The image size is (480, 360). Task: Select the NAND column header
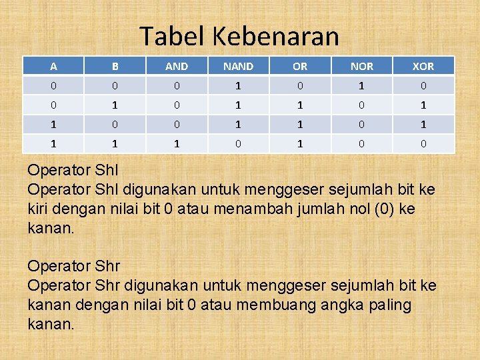click(x=238, y=66)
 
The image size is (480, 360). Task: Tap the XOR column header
click(x=423, y=66)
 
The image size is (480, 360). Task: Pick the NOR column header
click(x=361, y=66)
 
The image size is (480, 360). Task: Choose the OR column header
click(x=300, y=66)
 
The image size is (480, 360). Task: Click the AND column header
click(x=177, y=66)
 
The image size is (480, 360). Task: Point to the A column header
click(x=53, y=66)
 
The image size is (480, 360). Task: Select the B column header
click(x=115, y=66)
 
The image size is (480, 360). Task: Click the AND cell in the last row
click(x=177, y=143)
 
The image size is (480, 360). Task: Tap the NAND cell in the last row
click(x=238, y=143)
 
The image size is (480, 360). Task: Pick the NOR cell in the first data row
click(x=361, y=85)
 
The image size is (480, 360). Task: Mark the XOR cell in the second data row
click(x=423, y=105)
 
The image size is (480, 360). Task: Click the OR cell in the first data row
click(x=300, y=85)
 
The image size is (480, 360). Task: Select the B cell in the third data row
click(x=115, y=124)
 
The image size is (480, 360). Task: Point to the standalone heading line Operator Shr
click(x=73, y=267)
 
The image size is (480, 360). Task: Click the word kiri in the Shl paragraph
click(x=41, y=209)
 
